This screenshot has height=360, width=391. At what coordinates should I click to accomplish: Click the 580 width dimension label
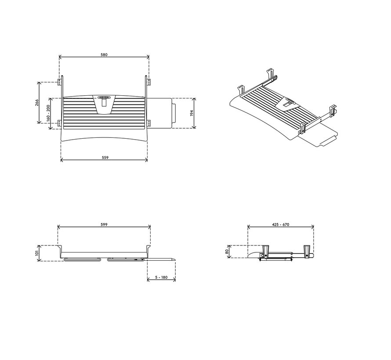click(x=104, y=55)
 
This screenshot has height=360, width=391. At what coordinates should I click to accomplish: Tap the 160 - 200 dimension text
click(x=48, y=113)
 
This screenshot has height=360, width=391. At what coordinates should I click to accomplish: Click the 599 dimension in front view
click(x=104, y=224)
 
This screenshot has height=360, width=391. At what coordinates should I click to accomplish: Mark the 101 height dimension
click(x=37, y=253)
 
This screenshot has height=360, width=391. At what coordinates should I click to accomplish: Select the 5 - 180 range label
click(x=161, y=277)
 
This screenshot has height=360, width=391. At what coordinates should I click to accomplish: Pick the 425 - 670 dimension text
click(x=280, y=224)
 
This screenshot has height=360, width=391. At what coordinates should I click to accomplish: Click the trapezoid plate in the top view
click(x=104, y=105)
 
